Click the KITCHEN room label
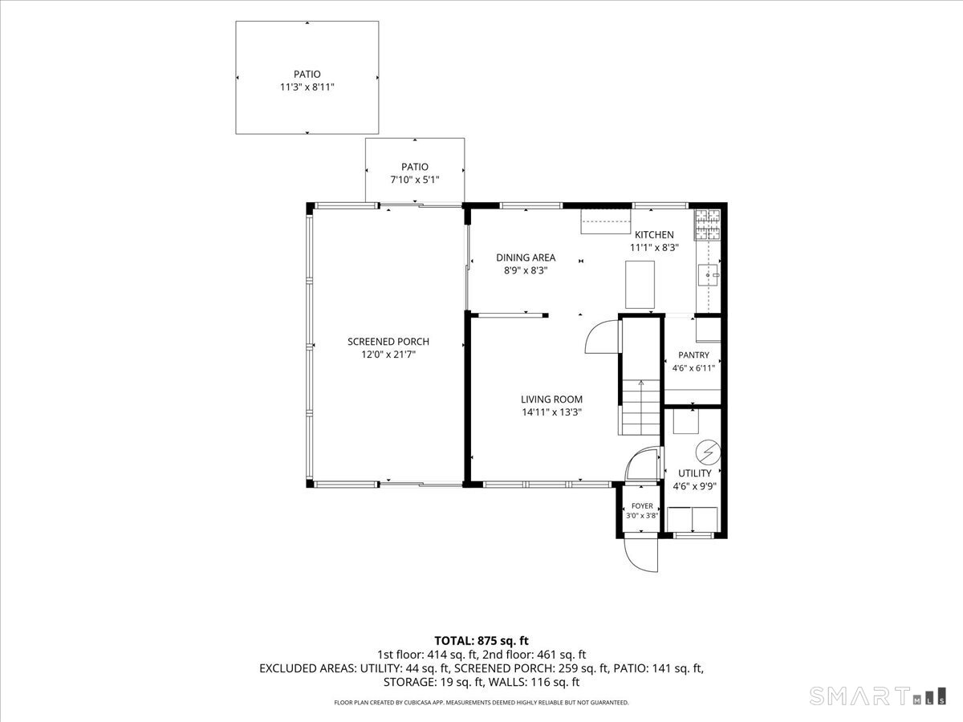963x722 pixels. click(654, 234)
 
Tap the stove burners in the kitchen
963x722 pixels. click(707, 225)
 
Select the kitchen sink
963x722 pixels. click(709, 275)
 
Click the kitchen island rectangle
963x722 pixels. click(640, 285)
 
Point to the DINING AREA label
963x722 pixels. click(526, 258)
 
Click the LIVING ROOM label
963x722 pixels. click(551, 400)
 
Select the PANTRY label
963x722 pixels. click(693, 355)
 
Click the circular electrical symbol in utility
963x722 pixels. click(708, 452)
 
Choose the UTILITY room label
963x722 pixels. click(694, 473)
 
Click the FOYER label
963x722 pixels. click(642, 506)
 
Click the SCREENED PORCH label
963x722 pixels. click(388, 342)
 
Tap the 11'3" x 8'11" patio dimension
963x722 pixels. click(307, 87)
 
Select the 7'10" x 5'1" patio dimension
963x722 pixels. click(415, 180)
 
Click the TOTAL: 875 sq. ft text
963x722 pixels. click(481, 641)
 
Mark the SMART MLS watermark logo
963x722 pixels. click(877, 696)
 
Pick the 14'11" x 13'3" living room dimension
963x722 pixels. click(551, 412)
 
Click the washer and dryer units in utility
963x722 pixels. click(692, 520)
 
